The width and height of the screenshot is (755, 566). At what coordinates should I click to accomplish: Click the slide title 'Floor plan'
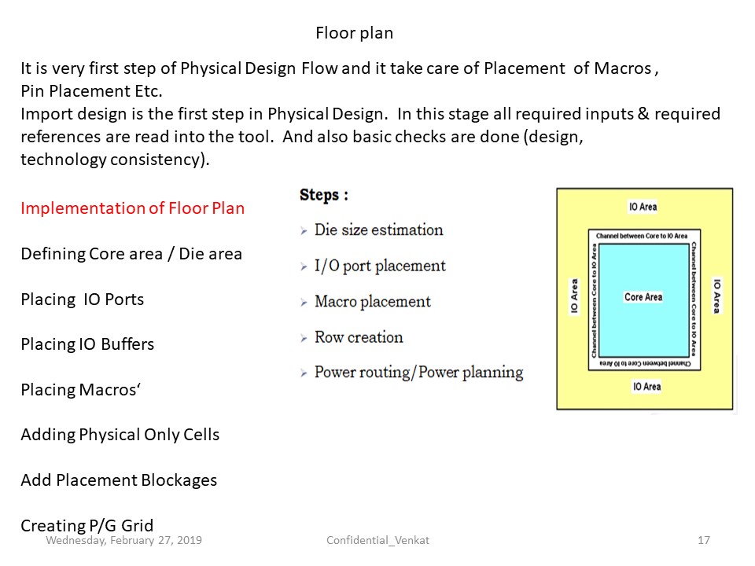(355, 33)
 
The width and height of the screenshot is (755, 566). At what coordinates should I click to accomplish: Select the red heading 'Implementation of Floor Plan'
(132, 208)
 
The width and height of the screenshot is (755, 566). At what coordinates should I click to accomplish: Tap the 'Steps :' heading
(323, 194)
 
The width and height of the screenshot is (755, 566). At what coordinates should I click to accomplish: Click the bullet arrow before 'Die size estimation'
(304, 231)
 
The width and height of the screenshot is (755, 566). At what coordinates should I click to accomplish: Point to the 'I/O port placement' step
(380, 266)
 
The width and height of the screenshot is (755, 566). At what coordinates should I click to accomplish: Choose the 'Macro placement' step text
(373, 301)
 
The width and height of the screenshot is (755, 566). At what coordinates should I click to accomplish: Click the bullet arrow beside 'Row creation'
(304, 338)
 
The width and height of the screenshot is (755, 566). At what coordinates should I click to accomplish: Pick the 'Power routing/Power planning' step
(419, 372)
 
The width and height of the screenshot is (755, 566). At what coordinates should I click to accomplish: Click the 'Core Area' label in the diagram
(643, 297)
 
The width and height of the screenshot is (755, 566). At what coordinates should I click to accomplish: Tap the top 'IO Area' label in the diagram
(643, 207)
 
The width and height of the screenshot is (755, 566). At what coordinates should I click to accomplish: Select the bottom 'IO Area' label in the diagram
(646, 387)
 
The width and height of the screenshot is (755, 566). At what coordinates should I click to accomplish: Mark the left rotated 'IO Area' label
(574, 296)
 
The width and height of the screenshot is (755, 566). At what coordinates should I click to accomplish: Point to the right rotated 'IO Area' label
(717, 296)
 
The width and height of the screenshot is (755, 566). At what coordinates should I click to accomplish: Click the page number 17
(703, 540)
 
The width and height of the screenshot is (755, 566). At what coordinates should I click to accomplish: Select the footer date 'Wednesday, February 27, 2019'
(123, 541)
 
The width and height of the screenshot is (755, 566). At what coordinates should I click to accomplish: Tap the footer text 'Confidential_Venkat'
(377, 541)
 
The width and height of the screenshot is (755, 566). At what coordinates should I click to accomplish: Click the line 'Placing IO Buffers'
(87, 344)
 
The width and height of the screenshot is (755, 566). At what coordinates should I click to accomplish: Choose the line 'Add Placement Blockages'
(119, 480)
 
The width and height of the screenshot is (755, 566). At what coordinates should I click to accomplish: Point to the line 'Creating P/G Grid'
(87, 525)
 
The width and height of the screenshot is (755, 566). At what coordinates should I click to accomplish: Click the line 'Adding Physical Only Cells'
(120, 435)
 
